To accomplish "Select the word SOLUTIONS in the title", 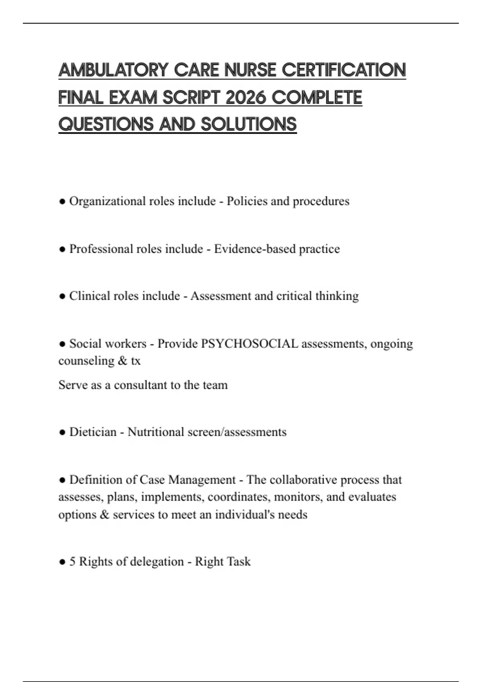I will tap(249, 124).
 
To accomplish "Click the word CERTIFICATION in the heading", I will tap(344, 70).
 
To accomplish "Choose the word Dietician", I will tap(93, 432).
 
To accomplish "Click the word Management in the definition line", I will tap(202, 480).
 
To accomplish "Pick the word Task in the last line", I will tap(239, 562).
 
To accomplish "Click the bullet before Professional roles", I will tap(62, 249).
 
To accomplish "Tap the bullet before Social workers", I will tap(62, 344).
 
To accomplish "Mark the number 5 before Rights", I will tap(73, 562).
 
